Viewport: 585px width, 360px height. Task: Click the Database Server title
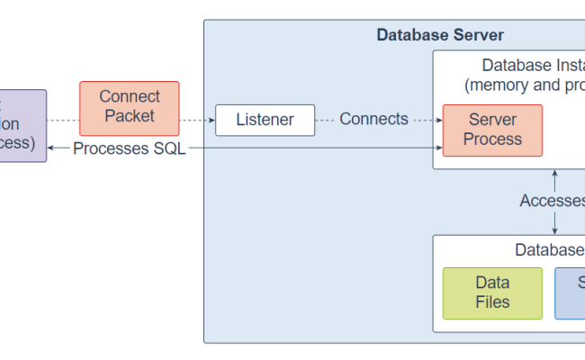coord(440,35)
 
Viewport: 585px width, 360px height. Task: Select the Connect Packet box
coord(130,107)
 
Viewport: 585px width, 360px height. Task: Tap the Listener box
coord(265,120)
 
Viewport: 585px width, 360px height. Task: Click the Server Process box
coord(492,130)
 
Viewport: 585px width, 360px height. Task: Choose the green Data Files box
coord(492,292)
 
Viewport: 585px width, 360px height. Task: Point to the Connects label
coord(373,120)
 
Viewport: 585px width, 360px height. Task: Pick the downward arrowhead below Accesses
coord(554,230)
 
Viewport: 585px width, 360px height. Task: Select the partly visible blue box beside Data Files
coord(570,292)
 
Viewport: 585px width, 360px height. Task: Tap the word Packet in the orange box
coord(130,116)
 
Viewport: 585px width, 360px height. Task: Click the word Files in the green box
coord(492,302)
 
